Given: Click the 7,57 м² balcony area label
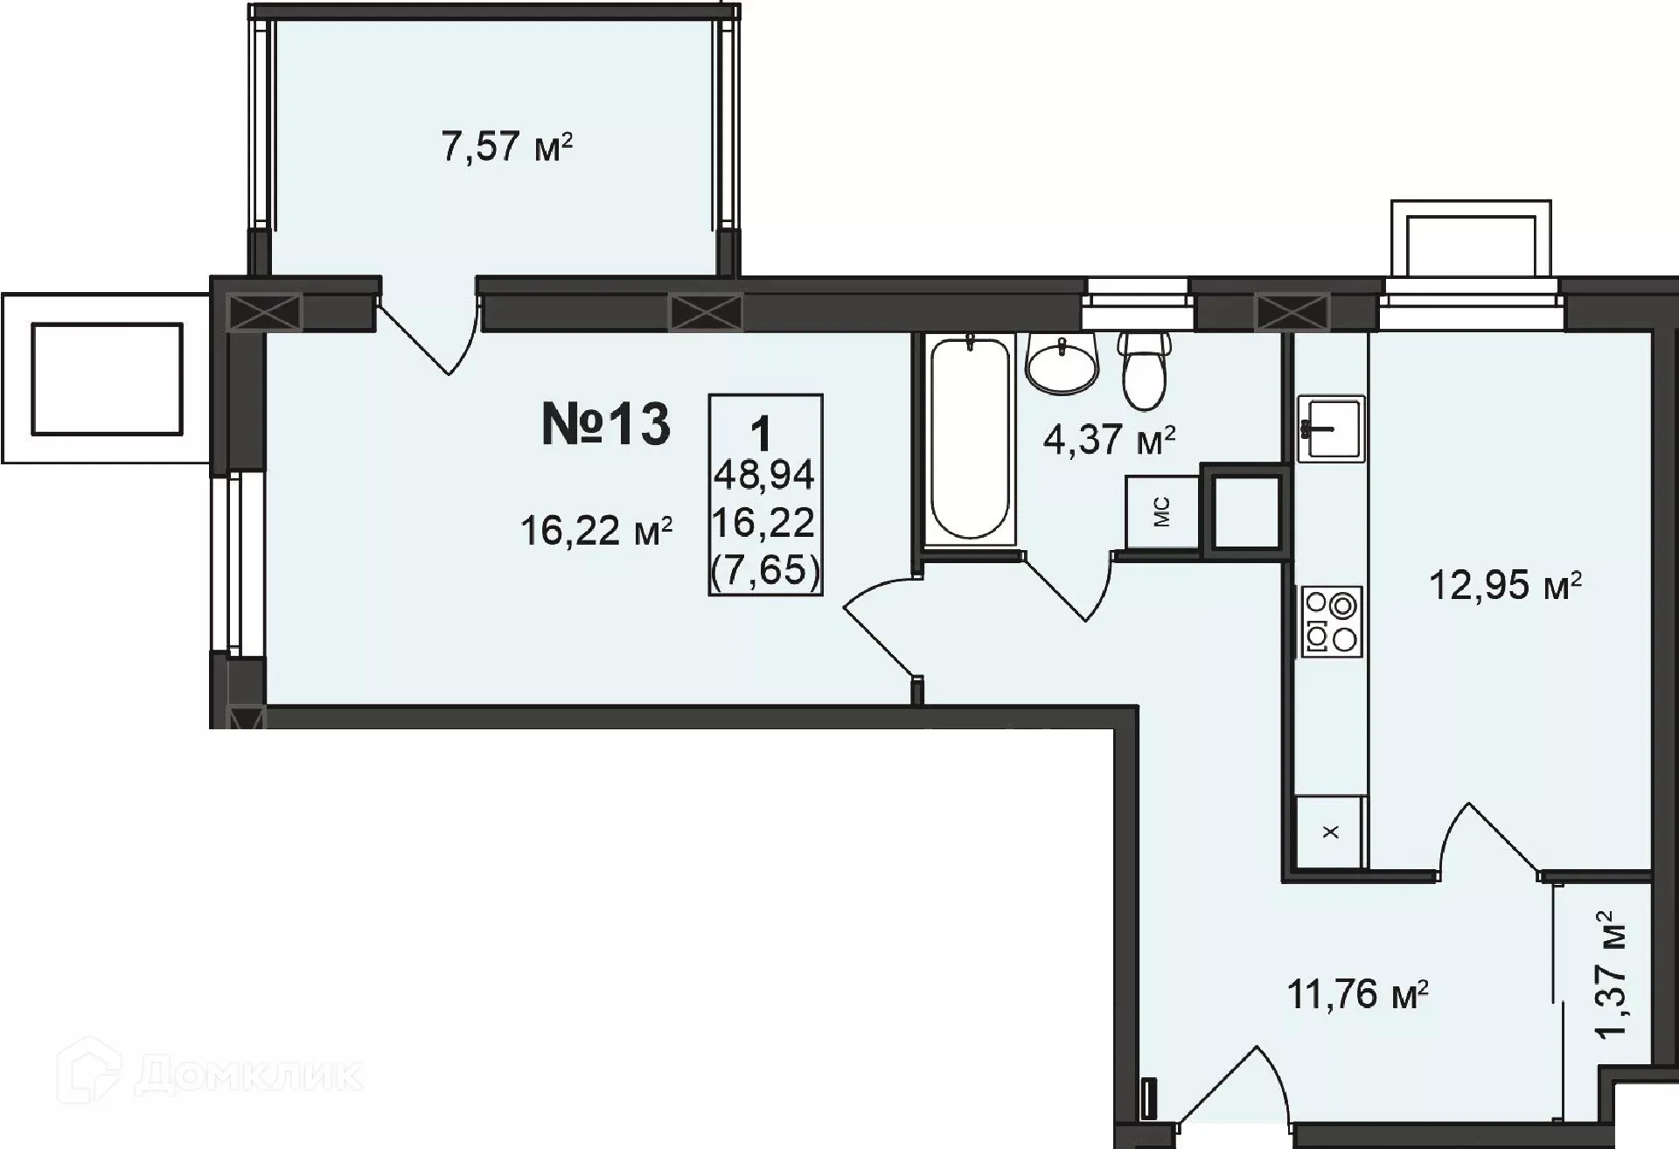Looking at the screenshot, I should (507, 146).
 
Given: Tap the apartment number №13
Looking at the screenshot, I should (606, 425).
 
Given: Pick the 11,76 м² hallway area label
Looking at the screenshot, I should (1358, 994).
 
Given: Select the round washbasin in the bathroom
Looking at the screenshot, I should (1062, 365).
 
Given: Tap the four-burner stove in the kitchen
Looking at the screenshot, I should (1330, 621).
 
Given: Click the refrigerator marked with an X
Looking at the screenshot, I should (1330, 832).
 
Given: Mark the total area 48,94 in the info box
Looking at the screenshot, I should (764, 475).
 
